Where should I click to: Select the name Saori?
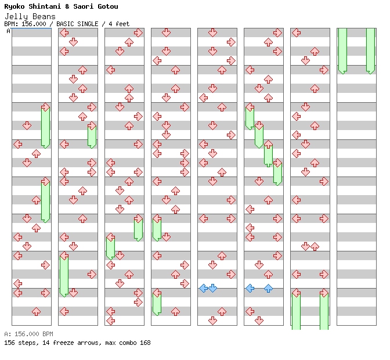pos(84,6)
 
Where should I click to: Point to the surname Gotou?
pos(108,6)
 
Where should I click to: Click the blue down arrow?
pos(212,288)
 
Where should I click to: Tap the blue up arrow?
pos(268,288)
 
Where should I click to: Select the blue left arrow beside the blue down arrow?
pos(203,288)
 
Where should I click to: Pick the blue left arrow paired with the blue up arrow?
pos(250,288)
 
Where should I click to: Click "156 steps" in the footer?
pos(17,343)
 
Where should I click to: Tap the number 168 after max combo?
pos(145,343)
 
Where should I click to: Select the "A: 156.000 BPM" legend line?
pos(28,334)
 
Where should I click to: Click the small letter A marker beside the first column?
pos(8,31)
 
